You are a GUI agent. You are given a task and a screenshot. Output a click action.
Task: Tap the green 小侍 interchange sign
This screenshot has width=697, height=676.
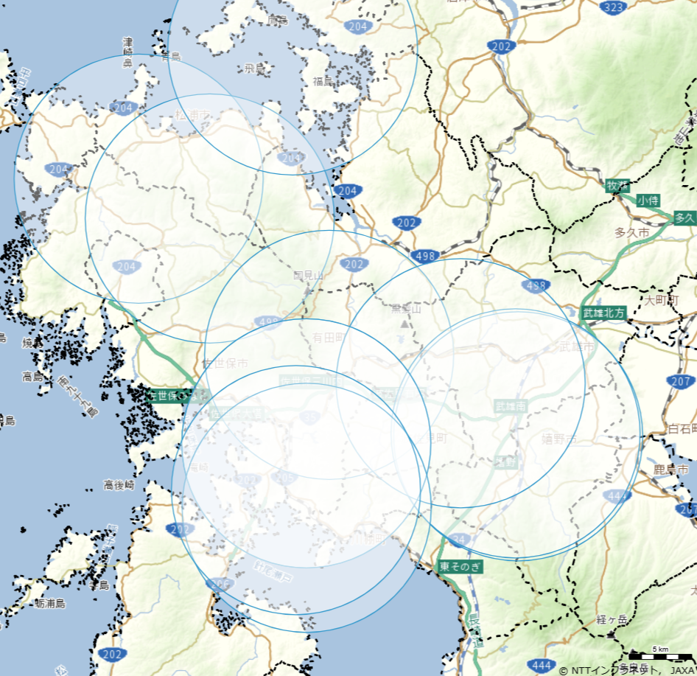648,200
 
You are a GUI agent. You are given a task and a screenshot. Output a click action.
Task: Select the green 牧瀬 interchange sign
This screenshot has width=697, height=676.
617,186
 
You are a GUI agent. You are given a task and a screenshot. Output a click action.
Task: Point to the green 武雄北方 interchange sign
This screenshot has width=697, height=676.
603,312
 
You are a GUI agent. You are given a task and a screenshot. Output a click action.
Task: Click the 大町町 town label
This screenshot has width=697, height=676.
659,300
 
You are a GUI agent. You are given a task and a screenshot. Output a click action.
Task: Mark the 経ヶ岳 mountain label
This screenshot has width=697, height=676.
612,620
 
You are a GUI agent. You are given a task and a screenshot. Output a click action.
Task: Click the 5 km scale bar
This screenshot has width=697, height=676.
659,652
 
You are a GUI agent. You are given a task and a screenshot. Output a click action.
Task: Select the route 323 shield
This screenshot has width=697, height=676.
613,8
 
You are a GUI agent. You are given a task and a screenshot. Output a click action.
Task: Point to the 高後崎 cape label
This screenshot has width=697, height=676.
118,485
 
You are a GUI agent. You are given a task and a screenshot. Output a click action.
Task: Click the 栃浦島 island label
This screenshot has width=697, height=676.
49,603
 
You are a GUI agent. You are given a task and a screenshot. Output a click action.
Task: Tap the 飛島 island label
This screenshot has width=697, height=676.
254,69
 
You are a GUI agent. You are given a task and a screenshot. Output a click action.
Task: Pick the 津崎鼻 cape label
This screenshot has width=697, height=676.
127,52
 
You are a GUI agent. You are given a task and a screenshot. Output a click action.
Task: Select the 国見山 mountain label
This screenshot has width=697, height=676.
308,276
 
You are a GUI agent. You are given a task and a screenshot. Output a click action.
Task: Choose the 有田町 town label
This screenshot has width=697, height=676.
327,337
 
